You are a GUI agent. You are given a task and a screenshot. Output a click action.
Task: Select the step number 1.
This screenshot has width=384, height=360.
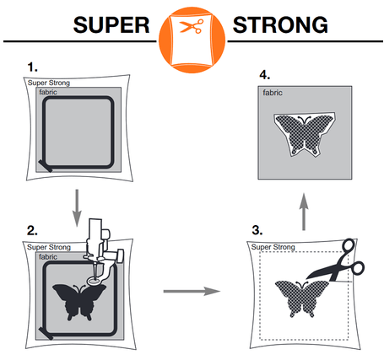(x=31, y=66)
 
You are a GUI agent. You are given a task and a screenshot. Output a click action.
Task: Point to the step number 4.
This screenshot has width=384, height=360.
(x=263, y=75)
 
